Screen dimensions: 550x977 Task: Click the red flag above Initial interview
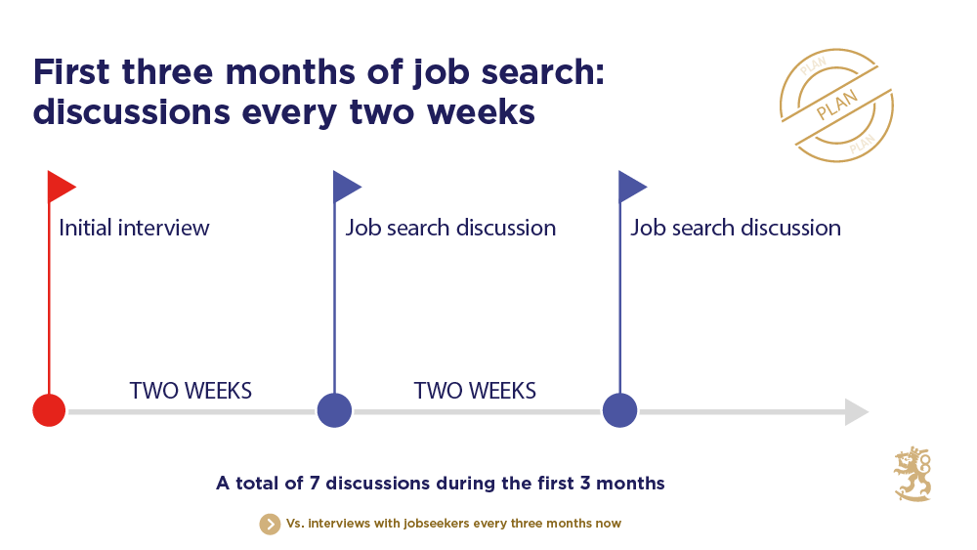[x=61, y=186]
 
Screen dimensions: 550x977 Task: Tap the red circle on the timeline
[x=49, y=410]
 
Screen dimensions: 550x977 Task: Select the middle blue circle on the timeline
[x=334, y=410]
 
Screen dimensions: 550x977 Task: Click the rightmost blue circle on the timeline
[x=619, y=410]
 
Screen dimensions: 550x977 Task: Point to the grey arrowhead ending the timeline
[x=856, y=412]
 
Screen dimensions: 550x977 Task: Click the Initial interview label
[x=134, y=229]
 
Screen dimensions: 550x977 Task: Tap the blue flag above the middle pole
[x=346, y=186]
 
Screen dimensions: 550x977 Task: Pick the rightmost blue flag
[x=631, y=186]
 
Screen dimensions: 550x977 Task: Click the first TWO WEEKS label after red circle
[x=191, y=391]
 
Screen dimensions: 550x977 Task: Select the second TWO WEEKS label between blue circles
[x=475, y=391]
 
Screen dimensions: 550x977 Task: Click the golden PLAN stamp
[x=836, y=106]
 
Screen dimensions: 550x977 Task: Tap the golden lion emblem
[x=913, y=475]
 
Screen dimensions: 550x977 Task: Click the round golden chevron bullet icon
[x=270, y=524]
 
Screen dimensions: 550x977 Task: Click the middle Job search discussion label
[x=450, y=229]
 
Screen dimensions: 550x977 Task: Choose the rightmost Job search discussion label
[x=736, y=229]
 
